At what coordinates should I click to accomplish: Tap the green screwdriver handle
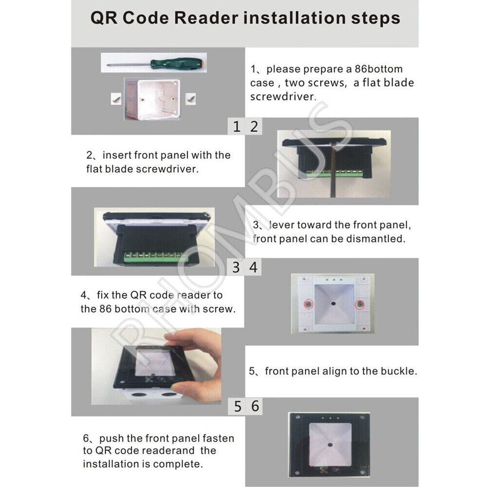(x=177, y=63)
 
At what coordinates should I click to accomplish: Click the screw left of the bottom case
(x=116, y=99)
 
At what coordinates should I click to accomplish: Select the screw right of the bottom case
(x=190, y=99)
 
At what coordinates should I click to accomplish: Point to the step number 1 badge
(x=236, y=126)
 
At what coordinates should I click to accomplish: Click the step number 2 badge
(x=254, y=126)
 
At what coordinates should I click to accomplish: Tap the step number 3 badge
(x=236, y=267)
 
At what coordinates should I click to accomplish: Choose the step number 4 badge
(x=253, y=267)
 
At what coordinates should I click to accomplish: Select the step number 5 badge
(x=237, y=406)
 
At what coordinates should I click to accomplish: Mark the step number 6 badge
(x=255, y=406)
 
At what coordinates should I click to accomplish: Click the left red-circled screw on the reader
(x=308, y=304)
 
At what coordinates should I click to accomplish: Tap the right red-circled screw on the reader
(x=360, y=304)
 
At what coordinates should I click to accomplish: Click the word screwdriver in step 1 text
(x=283, y=96)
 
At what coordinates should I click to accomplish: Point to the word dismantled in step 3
(x=376, y=239)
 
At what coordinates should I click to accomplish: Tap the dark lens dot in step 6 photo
(x=330, y=445)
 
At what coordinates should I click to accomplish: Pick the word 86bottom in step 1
(x=378, y=69)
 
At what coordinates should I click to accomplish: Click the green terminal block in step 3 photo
(x=155, y=258)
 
